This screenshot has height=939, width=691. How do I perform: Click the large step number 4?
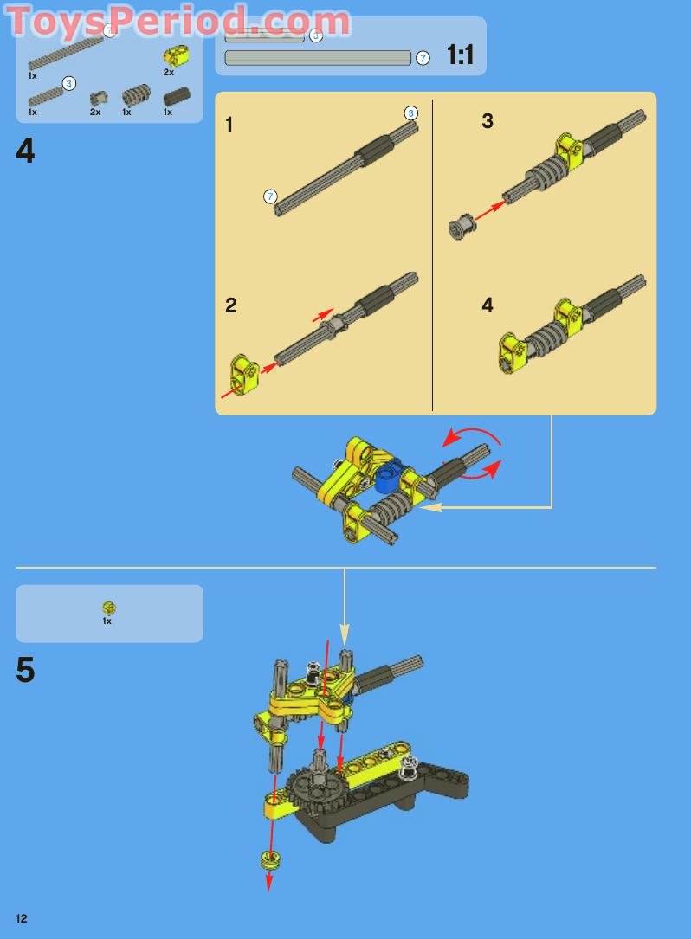tap(26, 151)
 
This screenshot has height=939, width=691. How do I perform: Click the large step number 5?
tap(26, 671)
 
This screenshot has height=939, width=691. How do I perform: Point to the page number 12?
tap(21, 918)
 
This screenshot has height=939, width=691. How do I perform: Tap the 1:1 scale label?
tap(460, 56)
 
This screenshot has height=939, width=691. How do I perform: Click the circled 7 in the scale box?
tap(423, 58)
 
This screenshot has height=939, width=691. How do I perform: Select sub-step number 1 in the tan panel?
tap(229, 125)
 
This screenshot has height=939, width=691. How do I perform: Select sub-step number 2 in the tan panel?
tap(230, 305)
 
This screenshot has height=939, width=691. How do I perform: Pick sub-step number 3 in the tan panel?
tap(488, 121)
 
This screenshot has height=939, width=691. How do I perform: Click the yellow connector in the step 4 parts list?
tap(176, 56)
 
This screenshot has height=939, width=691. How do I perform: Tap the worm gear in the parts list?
tap(135, 95)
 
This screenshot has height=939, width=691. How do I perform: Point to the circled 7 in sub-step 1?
tap(270, 196)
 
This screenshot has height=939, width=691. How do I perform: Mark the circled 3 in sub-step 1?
tap(411, 113)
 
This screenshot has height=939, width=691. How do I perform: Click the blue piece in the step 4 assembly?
tap(385, 474)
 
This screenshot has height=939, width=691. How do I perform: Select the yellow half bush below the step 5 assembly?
tap(270, 859)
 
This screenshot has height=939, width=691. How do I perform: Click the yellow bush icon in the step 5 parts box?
tap(109, 608)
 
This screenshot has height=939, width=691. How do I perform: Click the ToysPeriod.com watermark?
tap(178, 22)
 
